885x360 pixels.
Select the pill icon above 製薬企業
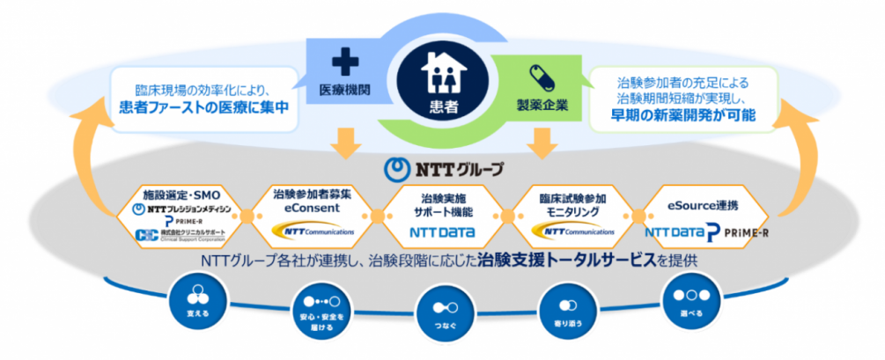[x=538, y=75]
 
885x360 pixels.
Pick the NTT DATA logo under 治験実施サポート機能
[x=442, y=233]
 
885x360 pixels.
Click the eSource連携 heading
[x=696, y=205]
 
